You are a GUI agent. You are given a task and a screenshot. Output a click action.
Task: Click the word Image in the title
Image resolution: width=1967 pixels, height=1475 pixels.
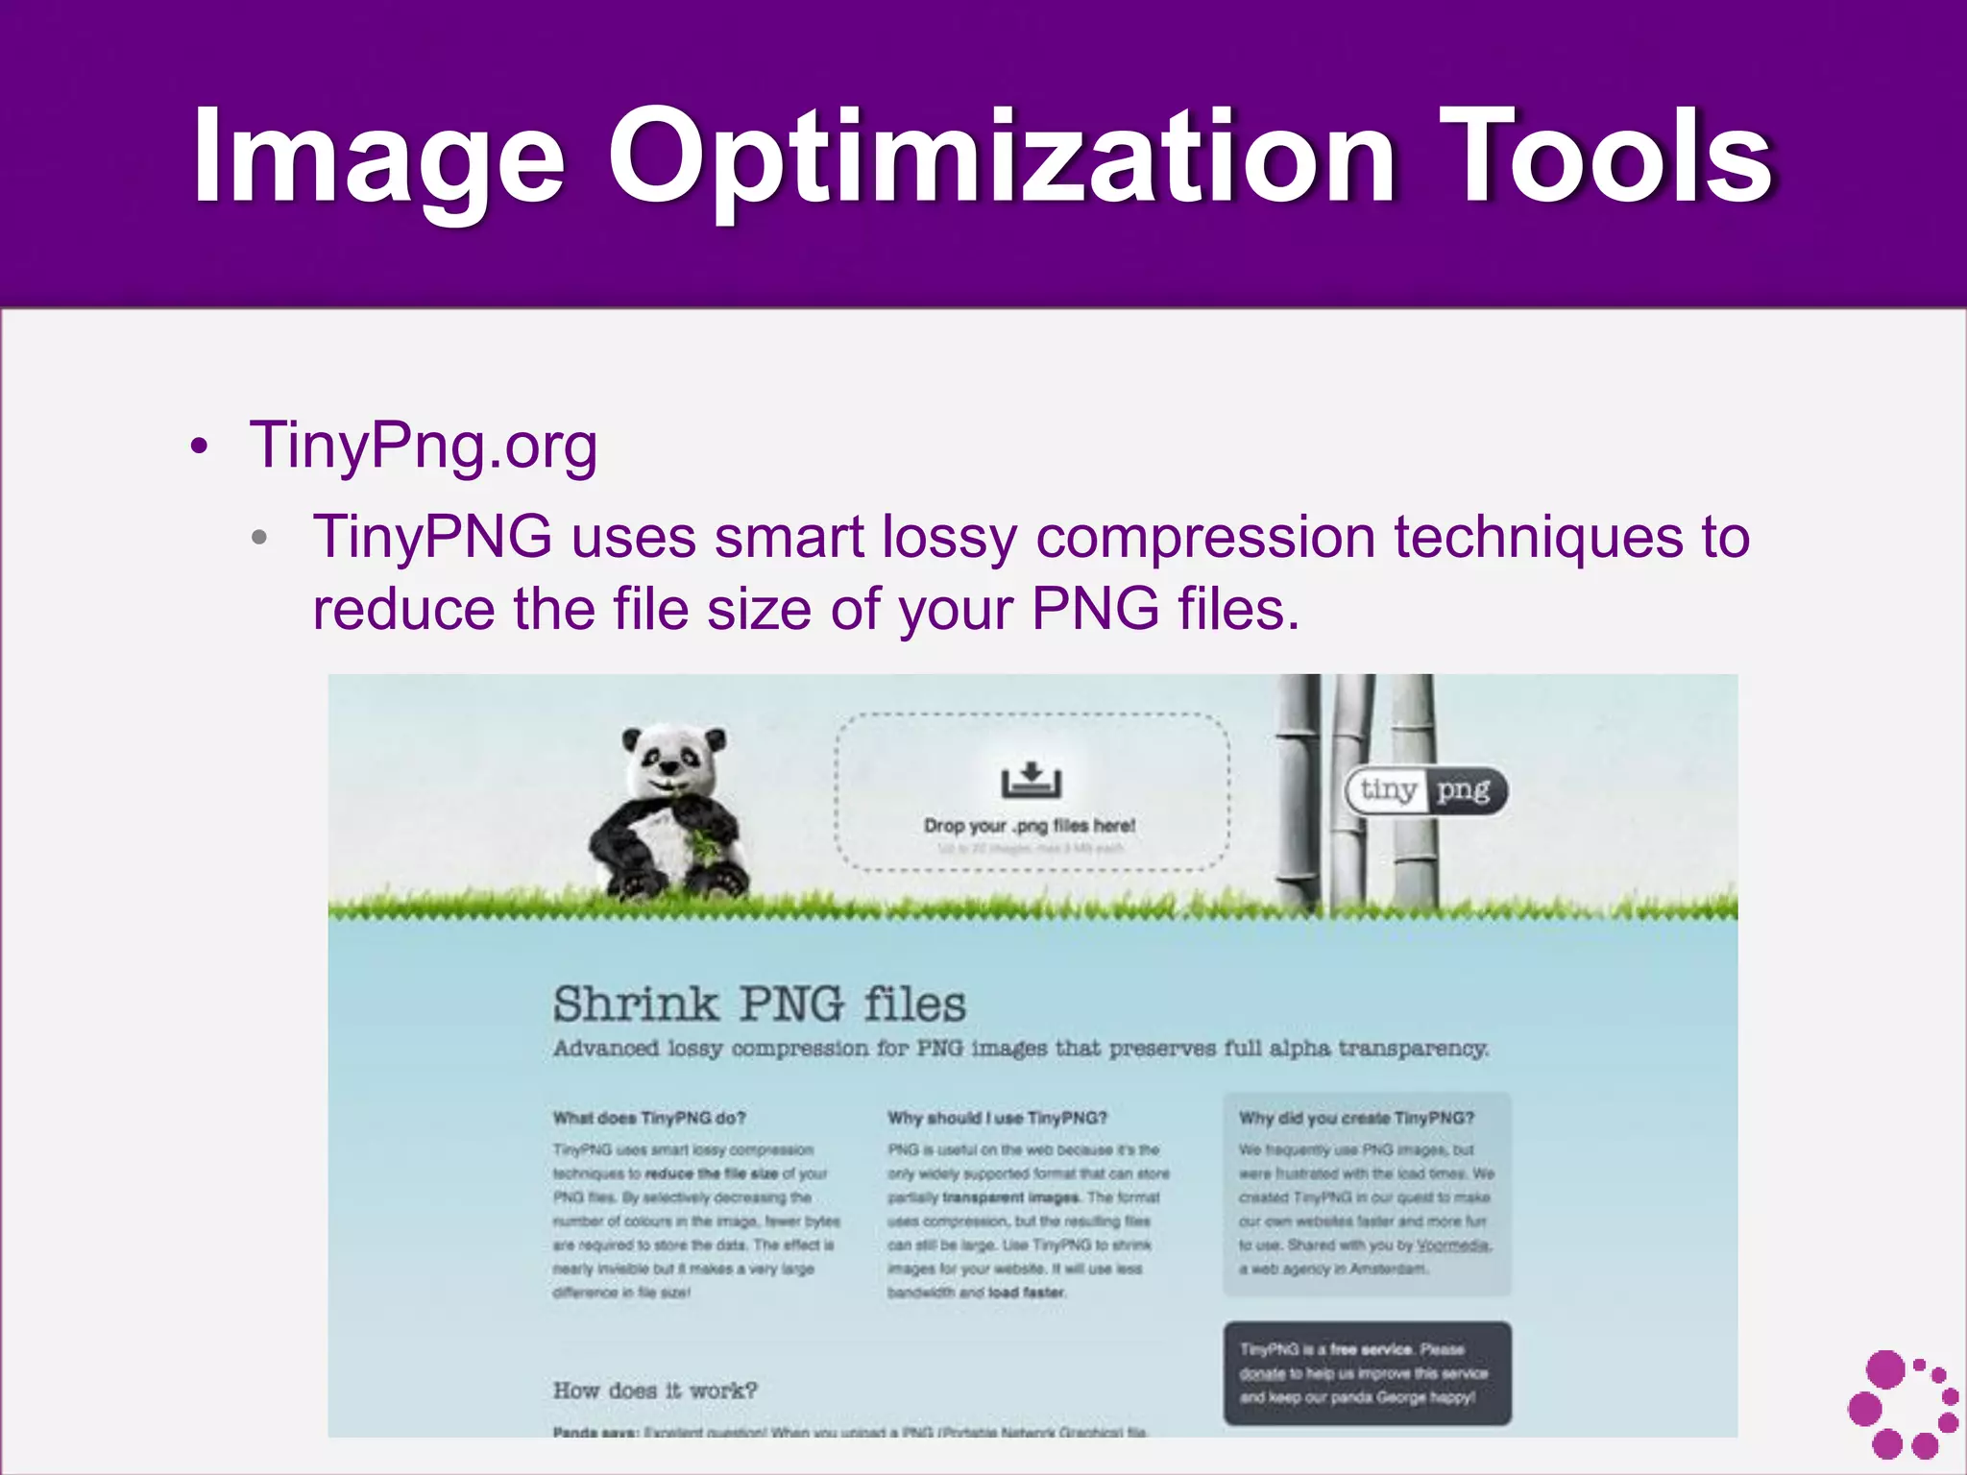coord(378,158)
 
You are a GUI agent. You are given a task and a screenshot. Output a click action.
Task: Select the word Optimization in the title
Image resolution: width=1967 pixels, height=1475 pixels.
coord(1000,158)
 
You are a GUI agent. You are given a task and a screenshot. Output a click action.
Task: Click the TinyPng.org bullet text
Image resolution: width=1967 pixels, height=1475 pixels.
coord(423,447)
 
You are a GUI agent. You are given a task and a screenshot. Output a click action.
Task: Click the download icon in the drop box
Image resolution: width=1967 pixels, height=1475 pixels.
coord(1031,780)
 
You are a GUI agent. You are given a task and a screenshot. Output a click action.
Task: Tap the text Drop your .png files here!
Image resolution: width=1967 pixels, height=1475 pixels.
coord(1029,826)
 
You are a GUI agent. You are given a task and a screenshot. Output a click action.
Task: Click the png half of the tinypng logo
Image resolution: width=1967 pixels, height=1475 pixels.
coord(1463,790)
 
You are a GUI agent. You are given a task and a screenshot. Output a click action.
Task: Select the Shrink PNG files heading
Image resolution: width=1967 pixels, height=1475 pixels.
coord(759,1004)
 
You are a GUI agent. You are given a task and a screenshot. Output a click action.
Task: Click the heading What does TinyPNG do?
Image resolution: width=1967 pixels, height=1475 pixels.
coord(649,1118)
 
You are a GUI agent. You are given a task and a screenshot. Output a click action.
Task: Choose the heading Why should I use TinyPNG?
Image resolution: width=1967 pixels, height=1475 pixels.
coord(997,1118)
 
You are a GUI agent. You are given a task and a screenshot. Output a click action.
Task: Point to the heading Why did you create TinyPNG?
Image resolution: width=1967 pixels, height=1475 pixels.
coord(1356,1118)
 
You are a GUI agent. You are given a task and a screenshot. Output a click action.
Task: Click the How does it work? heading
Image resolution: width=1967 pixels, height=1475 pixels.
coord(655,1390)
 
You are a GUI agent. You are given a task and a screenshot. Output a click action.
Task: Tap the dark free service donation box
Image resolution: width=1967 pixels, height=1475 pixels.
coord(1367,1373)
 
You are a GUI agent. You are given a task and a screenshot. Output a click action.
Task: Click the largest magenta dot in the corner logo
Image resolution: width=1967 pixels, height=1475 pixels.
coord(1885,1369)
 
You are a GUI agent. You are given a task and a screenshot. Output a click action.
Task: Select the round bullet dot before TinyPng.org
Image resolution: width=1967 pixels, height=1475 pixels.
coord(199,447)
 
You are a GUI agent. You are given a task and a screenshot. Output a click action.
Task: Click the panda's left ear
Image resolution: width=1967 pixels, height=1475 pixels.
coord(631,740)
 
